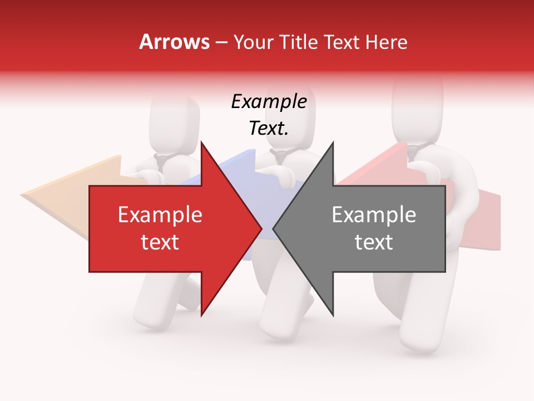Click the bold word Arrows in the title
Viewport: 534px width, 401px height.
click(x=174, y=42)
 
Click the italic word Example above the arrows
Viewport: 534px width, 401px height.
click(x=269, y=101)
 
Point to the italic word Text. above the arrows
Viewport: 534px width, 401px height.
click(x=269, y=128)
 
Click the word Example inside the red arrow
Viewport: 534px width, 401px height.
click(x=160, y=214)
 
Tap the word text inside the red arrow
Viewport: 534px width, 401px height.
click(x=160, y=242)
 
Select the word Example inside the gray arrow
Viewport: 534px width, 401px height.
click(x=374, y=214)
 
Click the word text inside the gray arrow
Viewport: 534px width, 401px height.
click(x=374, y=242)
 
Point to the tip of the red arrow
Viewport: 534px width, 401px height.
click(x=261, y=228)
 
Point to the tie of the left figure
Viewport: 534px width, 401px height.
click(x=161, y=163)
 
